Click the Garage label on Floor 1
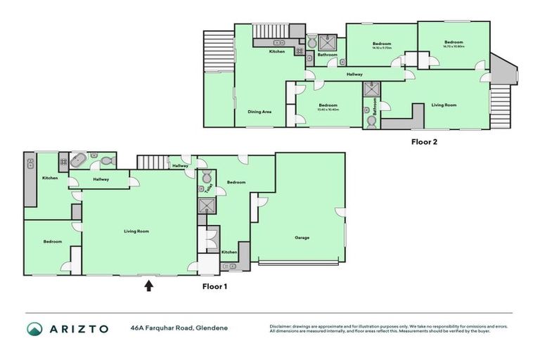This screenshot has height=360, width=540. tap(302, 238)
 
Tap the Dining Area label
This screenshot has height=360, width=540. tap(259, 112)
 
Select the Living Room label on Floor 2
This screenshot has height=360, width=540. tap(444, 105)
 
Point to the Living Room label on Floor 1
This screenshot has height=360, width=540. tap(136, 231)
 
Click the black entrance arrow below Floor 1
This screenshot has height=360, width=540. tap(148, 285)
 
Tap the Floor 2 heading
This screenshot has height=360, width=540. tap(425, 141)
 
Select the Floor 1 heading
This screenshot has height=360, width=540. tap(214, 286)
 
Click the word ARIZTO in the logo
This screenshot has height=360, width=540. tap(78, 328)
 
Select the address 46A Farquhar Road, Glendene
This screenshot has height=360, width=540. tap(179, 328)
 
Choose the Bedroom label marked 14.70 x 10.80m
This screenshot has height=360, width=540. tap(454, 43)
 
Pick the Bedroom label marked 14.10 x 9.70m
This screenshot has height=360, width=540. tap(382, 44)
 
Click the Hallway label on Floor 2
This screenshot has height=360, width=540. tap(354, 74)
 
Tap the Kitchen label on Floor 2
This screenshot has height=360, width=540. tap(276, 53)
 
